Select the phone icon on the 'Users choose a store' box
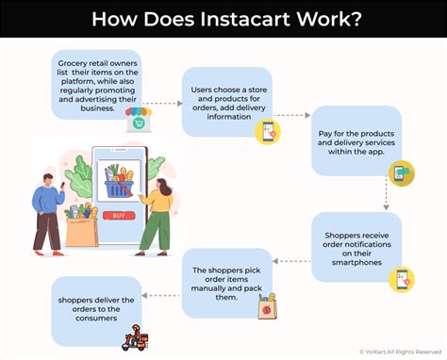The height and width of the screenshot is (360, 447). (269, 132)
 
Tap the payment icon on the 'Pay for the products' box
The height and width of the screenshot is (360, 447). (400, 172)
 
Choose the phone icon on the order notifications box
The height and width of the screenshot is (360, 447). (403, 278)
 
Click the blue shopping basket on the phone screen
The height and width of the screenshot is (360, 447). (119, 186)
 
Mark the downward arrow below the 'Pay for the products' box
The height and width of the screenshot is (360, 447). (387, 195)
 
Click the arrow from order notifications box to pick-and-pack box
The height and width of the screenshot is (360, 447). (292, 261)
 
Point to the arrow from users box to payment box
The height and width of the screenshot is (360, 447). (292, 116)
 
